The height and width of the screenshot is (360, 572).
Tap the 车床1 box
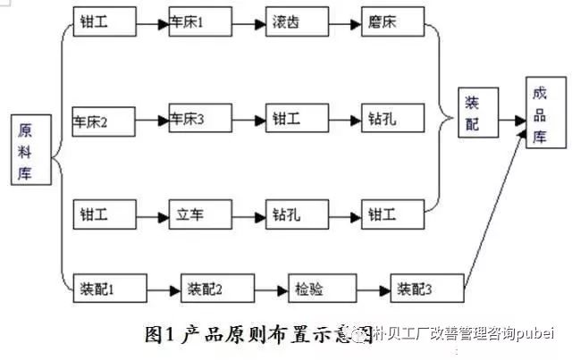[x=198, y=22]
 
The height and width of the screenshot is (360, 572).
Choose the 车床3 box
[x=198, y=120]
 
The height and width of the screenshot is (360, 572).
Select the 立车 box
[x=198, y=215]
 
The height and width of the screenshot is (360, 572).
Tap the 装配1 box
[x=103, y=289]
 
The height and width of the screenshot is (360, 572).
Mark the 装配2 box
[x=211, y=289]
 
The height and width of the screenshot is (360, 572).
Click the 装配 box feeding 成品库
[x=473, y=114]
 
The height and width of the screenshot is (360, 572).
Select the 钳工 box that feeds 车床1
[x=103, y=22]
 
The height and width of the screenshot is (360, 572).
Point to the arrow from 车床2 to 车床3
[x=150, y=120]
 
